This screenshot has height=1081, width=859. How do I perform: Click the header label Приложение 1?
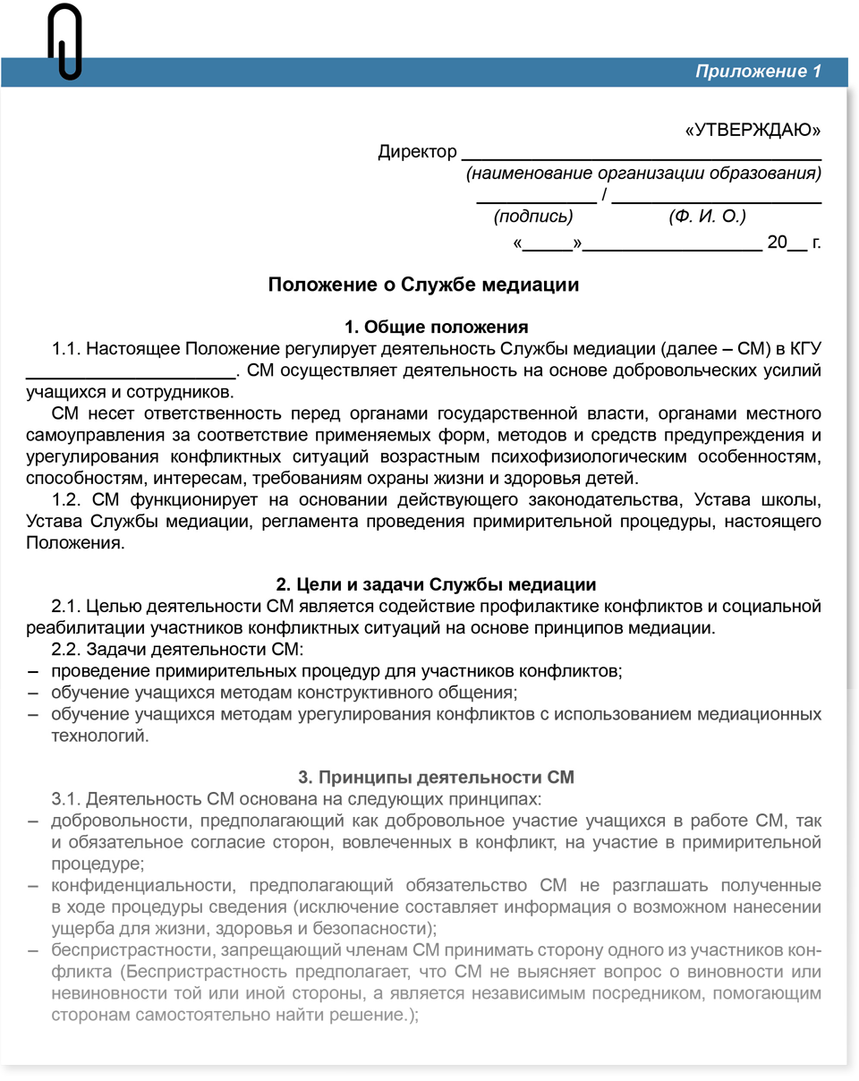pyautogui.click(x=758, y=72)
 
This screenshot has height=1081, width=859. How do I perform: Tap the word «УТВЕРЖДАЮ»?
pyautogui.click(x=753, y=131)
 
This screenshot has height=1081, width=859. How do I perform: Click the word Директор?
pyautogui.click(x=417, y=152)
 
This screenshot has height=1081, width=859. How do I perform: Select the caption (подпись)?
pyautogui.click(x=533, y=217)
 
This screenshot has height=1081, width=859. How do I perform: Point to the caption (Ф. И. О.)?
pyautogui.click(x=707, y=217)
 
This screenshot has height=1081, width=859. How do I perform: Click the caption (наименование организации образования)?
pyautogui.click(x=643, y=174)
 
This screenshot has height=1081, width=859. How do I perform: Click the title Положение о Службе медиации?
pyautogui.click(x=424, y=285)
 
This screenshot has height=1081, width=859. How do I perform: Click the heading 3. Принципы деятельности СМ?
pyautogui.click(x=436, y=777)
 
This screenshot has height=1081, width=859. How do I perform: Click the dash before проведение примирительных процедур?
pyautogui.click(x=33, y=670)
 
